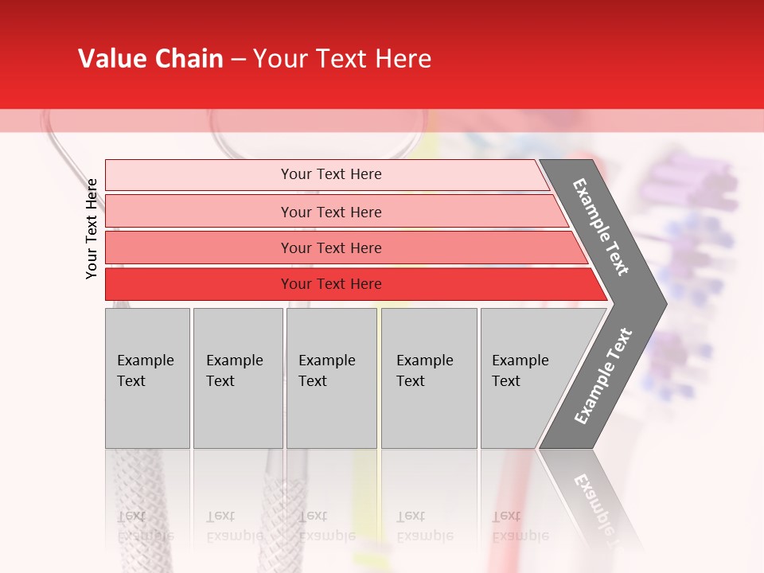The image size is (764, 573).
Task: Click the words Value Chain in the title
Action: pyautogui.click(x=150, y=59)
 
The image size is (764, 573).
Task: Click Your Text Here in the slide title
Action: pyautogui.click(x=342, y=59)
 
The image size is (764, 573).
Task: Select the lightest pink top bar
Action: pyautogui.click(x=330, y=174)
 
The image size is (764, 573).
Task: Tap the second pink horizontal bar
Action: pyautogui.click(x=330, y=212)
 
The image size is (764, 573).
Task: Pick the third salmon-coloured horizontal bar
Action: pyautogui.click(x=330, y=248)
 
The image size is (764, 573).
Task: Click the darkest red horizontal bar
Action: pyautogui.click(x=330, y=284)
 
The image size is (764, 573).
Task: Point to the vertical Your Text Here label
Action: pyautogui.click(x=92, y=228)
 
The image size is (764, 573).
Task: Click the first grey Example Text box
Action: pyautogui.click(x=147, y=377)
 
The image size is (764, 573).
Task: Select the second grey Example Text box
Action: pyautogui.click(x=237, y=377)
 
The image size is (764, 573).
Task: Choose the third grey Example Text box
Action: pyautogui.click(x=331, y=377)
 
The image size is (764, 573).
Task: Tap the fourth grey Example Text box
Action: pyautogui.click(x=429, y=377)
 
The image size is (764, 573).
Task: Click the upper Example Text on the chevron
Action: pyautogui.click(x=601, y=228)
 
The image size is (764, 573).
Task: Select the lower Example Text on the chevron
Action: pyautogui.click(x=603, y=376)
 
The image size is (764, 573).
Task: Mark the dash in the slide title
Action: pyautogui.click(x=238, y=60)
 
